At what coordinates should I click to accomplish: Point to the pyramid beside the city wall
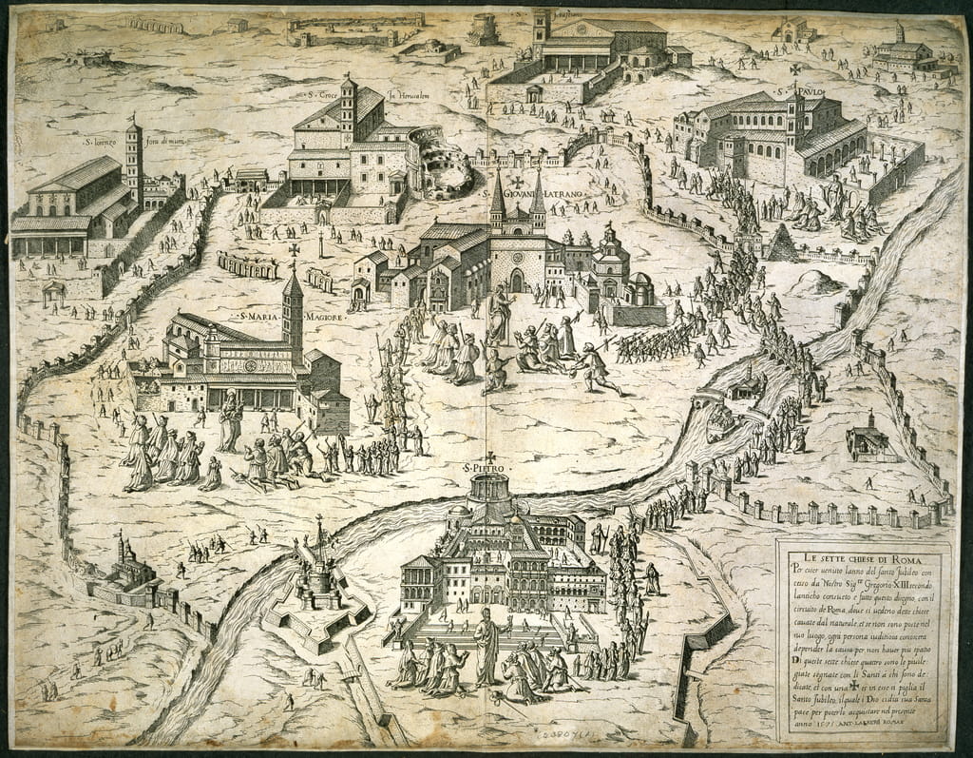(x=783, y=244)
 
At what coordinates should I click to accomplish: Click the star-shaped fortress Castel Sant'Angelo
(x=318, y=590)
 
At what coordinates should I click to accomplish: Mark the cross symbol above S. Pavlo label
(x=796, y=69)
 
